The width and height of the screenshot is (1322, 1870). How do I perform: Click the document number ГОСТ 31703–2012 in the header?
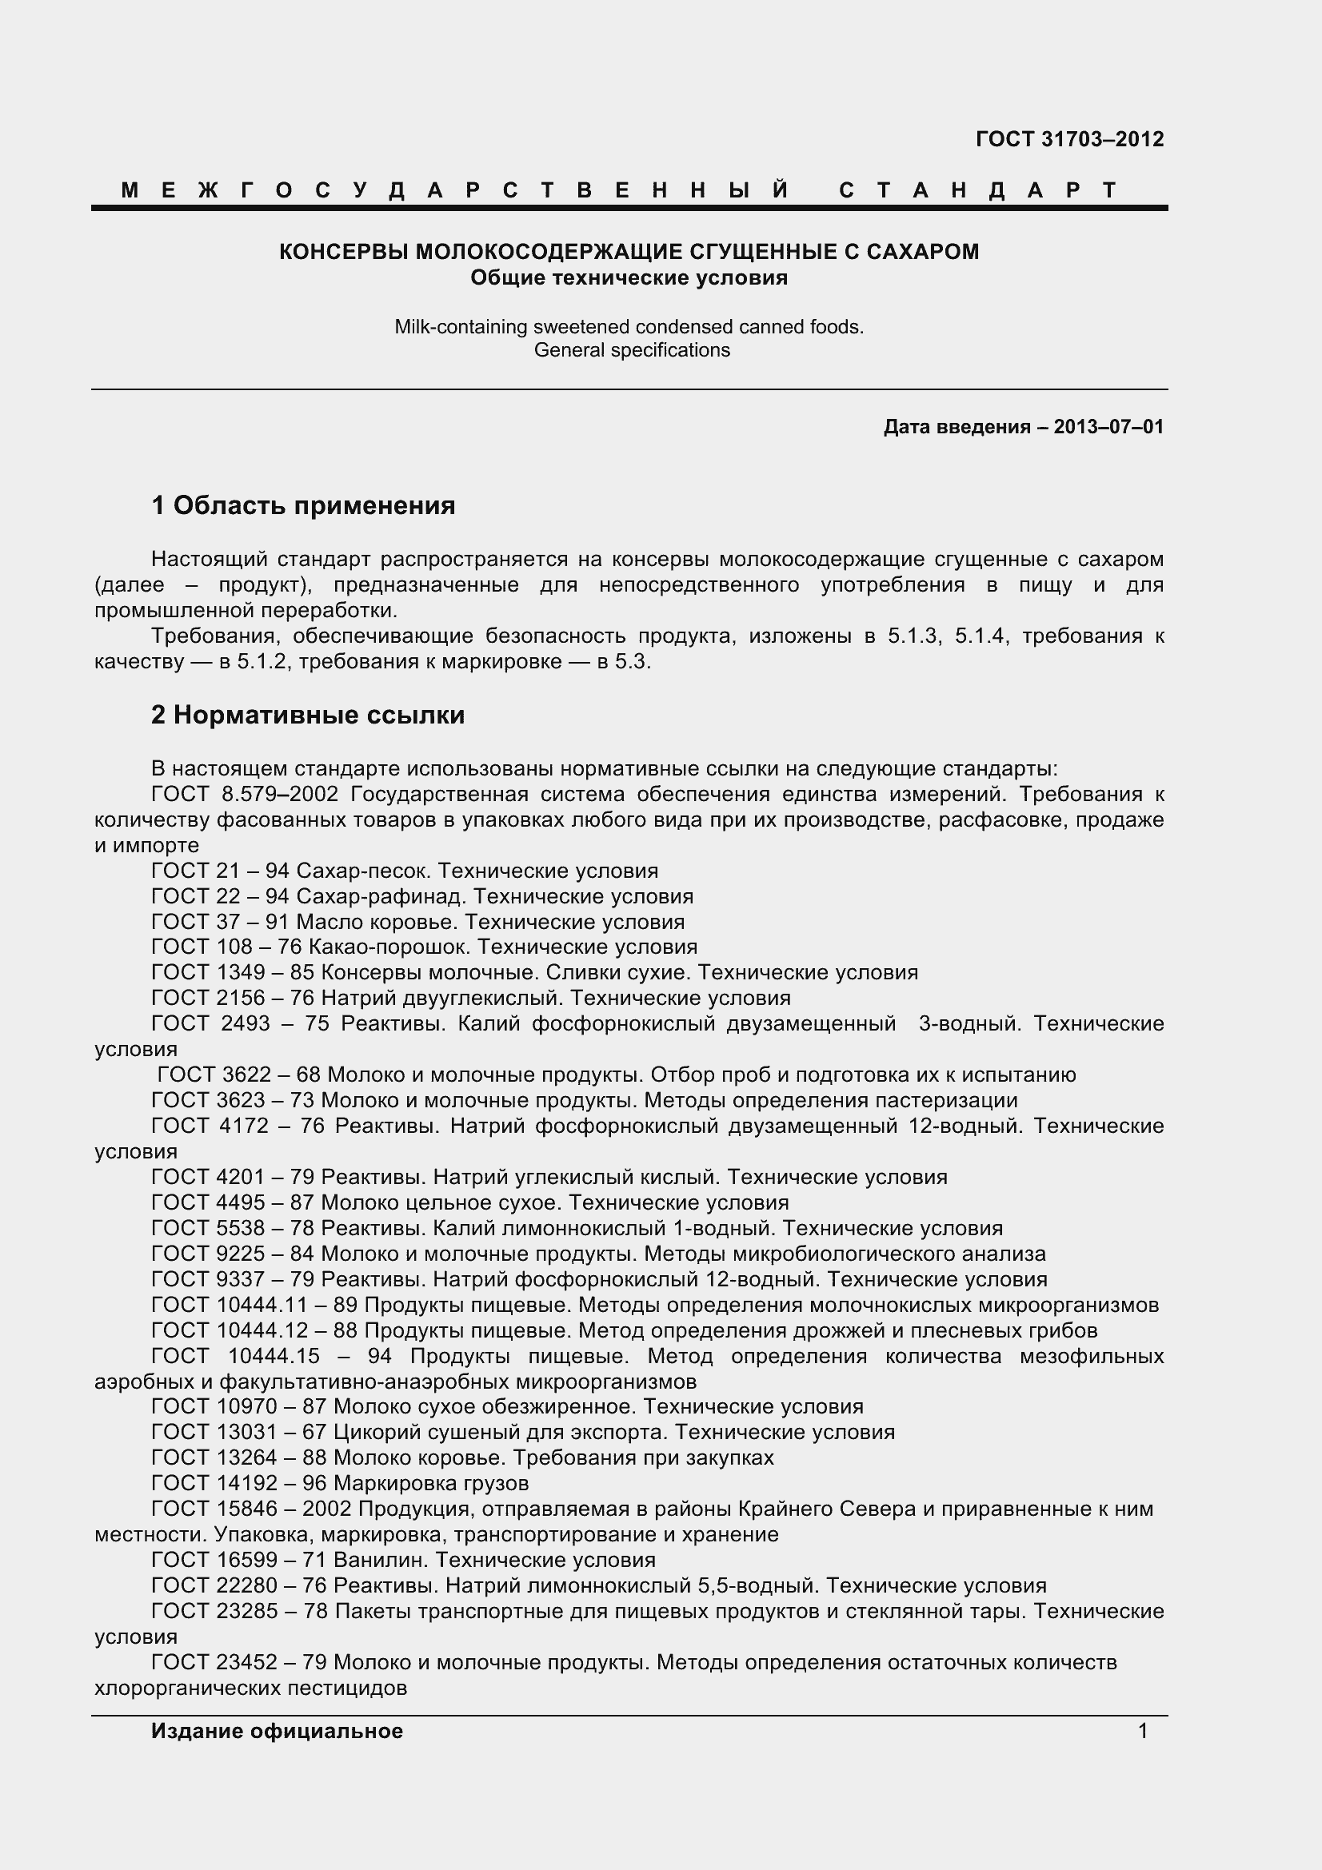coord(1068,139)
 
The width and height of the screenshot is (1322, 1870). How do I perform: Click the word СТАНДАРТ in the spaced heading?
coord(978,190)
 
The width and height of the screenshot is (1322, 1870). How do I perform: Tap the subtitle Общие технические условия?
coord(629,277)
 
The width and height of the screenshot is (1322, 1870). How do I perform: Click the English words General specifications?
coord(631,350)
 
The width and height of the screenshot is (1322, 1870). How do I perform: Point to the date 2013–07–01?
coord(1108,427)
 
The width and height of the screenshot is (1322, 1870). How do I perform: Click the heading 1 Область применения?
coord(303,506)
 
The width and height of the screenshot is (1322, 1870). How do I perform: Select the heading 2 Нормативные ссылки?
coord(308,715)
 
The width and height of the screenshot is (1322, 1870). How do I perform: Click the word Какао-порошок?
coord(389,947)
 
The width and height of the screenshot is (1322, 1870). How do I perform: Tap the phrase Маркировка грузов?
coord(431,1483)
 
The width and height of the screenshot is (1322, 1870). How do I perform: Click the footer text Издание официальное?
coord(277,1731)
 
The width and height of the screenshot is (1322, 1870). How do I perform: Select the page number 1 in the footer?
coord(1142,1731)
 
